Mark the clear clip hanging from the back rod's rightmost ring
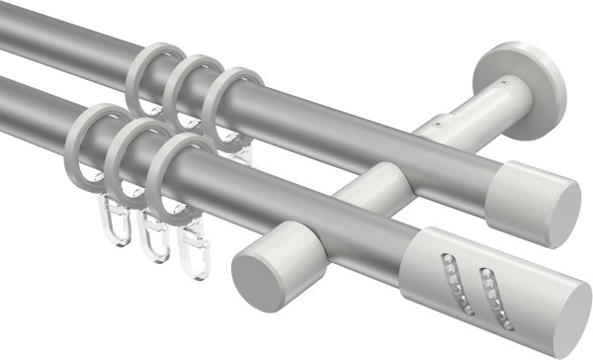pyautogui.click(x=233, y=148)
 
